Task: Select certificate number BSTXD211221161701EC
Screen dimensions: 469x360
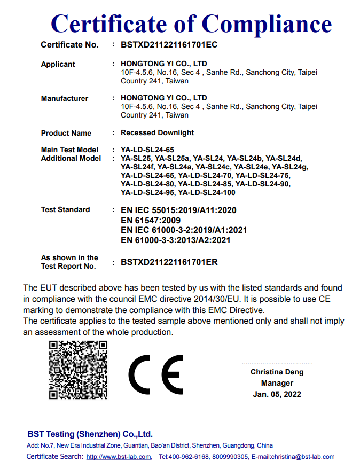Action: (x=169, y=45)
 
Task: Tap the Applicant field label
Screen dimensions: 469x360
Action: (x=58, y=64)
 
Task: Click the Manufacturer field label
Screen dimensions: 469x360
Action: (x=64, y=98)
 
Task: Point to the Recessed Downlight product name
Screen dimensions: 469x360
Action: (x=157, y=132)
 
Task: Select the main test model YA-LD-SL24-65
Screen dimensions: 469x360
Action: (x=147, y=150)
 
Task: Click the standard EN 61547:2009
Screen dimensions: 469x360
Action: (x=151, y=220)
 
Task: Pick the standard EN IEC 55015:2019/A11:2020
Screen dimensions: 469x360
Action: (x=178, y=210)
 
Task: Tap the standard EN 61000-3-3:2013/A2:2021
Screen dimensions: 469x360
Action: (x=176, y=240)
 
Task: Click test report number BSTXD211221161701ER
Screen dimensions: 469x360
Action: (x=169, y=262)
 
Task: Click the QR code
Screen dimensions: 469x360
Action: (x=78, y=370)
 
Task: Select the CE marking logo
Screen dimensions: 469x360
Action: (x=155, y=373)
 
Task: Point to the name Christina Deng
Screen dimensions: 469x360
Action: (x=277, y=372)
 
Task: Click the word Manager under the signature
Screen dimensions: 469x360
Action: (x=277, y=383)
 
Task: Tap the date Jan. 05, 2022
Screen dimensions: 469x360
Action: (x=277, y=394)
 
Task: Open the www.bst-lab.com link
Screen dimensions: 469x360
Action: (x=119, y=457)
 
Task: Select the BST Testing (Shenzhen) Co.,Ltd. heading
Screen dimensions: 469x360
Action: (x=90, y=434)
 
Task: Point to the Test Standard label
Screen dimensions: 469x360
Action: (x=65, y=209)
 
